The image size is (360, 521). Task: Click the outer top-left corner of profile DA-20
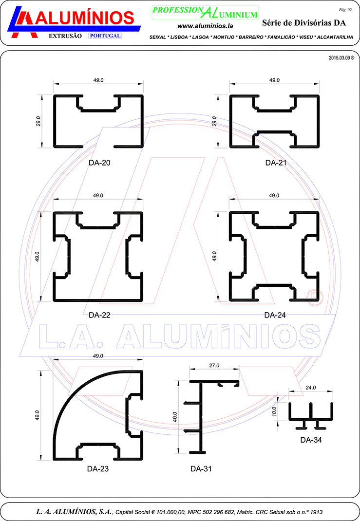pyautogui.click(x=54, y=95)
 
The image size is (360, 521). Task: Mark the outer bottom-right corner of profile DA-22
pyautogui.click(x=143, y=301)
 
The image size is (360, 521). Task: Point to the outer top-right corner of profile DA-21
pyautogui.click(x=319, y=95)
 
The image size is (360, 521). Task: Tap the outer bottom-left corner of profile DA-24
pyautogui.click(x=230, y=301)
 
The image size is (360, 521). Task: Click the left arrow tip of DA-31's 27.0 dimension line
pyautogui.click(x=190, y=369)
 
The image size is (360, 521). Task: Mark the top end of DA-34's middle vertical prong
pyautogui.click(x=311, y=403)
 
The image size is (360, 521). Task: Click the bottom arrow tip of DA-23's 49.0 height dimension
pyautogui.click(x=41, y=460)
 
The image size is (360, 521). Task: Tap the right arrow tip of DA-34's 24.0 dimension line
pyautogui.click(x=332, y=391)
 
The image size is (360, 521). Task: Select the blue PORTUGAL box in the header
pyautogui.click(x=105, y=36)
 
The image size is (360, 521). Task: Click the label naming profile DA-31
pyautogui.click(x=201, y=469)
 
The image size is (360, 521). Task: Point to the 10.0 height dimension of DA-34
pyautogui.click(x=274, y=411)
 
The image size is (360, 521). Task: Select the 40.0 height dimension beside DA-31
pyautogui.click(x=175, y=417)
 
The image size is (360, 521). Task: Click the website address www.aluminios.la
pyautogui.click(x=205, y=26)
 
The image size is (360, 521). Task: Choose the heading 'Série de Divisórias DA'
pyautogui.click(x=304, y=22)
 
